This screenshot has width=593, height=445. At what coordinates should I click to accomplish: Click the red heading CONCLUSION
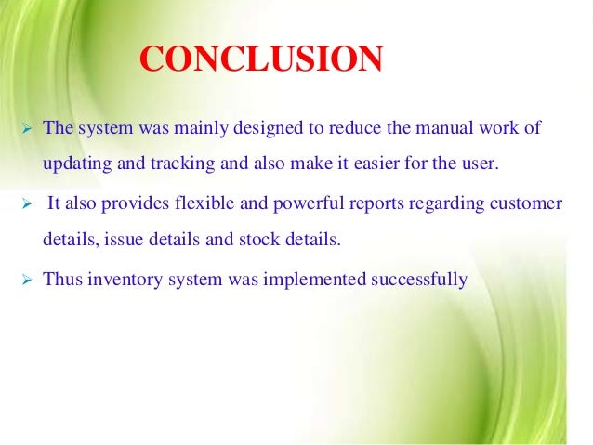261,60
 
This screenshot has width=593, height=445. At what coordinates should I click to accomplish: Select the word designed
246,128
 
